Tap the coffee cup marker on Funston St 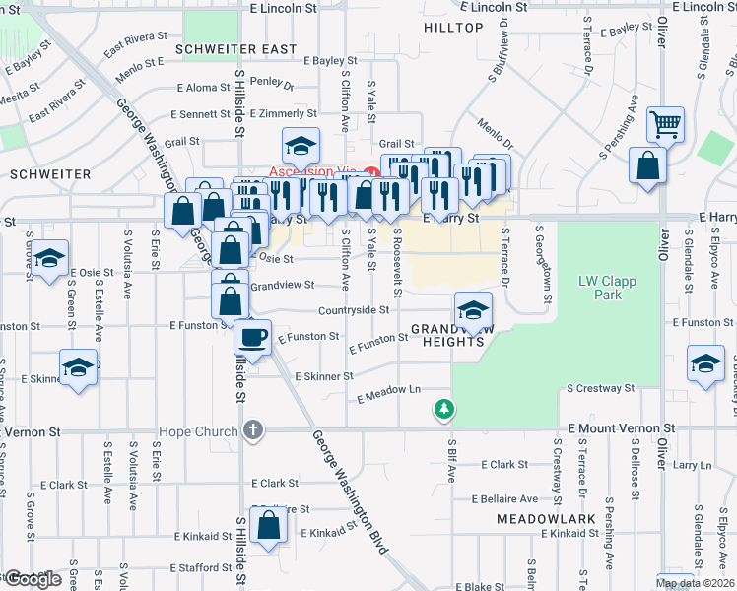253,338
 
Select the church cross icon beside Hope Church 253,430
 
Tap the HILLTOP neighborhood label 453,28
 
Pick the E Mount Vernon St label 622,429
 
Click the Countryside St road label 354,309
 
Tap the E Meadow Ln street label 388,391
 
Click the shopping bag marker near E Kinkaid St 268,527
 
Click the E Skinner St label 324,376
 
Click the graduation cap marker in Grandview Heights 473,310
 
